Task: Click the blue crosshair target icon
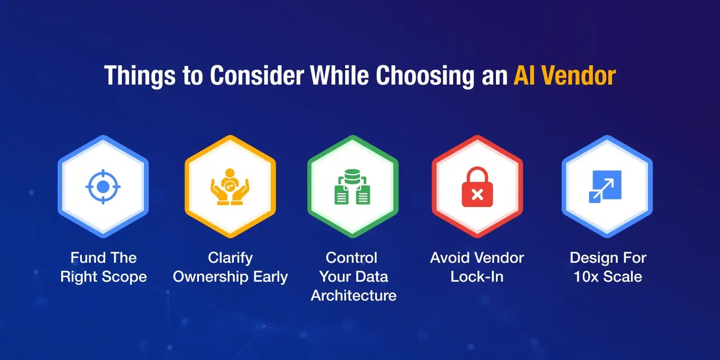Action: [103, 187]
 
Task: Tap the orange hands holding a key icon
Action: [230, 187]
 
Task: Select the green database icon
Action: [353, 187]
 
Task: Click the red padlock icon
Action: [477, 187]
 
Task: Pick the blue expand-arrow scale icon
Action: [605, 187]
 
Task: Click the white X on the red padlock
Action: [477, 195]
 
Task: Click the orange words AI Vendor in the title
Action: [565, 75]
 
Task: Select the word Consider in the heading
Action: [257, 75]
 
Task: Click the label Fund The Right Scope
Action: [104, 267]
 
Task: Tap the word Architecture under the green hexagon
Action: [353, 295]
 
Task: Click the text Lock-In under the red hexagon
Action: [477, 277]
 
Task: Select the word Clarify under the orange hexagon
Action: [230, 258]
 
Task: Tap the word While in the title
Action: [339, 75]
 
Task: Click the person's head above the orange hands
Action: [230, 173]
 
